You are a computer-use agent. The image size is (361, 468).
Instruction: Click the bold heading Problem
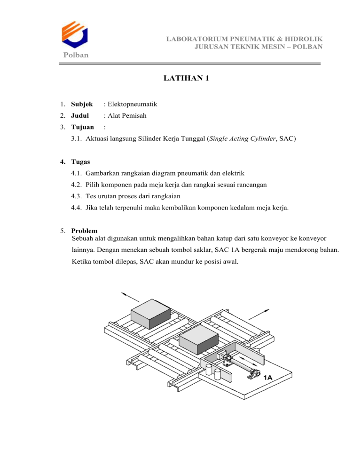coord(84,231)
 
